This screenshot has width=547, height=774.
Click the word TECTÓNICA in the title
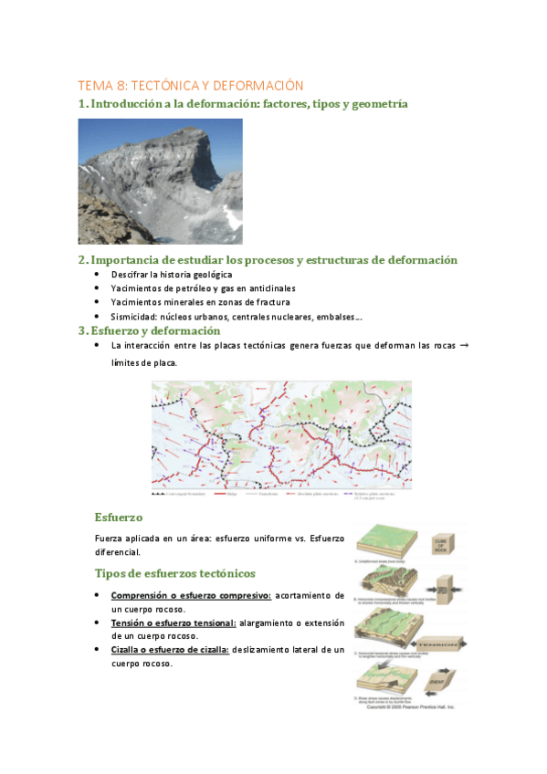171,85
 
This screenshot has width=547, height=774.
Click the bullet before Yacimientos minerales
99,302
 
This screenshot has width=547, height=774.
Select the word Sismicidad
136,316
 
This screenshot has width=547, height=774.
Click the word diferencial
120,552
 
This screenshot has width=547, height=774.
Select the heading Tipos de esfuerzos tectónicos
175,573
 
